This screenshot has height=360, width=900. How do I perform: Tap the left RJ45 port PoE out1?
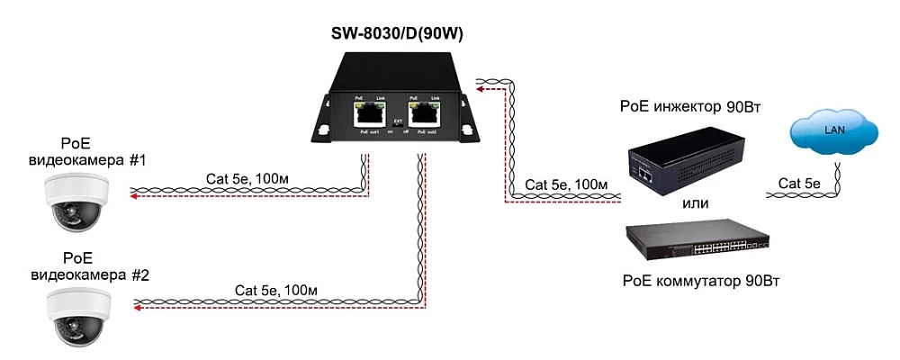pyautogui.click(x=367, y=113)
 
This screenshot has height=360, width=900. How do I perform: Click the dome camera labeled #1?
pyautogui.click(x=76, y=201)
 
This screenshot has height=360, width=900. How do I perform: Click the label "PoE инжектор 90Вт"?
pyautogui.click(x=691, y=108)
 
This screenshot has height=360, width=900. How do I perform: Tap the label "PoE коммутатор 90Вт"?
pyautogui.click(x=700, y=281)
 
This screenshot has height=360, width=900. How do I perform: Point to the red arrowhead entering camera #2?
pyautogui.click(x=137, y=308)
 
